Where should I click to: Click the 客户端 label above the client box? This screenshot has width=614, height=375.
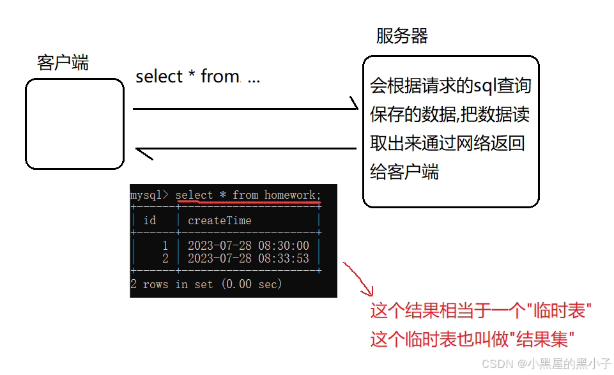[x=63, y=63]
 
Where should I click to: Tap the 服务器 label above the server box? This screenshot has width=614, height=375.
[x=401, y=36]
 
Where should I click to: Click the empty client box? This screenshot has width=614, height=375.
[x=74, y=124]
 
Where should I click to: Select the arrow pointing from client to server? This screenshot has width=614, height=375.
[x=245, y=109]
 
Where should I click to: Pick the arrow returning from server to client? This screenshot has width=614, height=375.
[x=245, y=149]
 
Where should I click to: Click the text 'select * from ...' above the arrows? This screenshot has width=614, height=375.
[x=197, y=77]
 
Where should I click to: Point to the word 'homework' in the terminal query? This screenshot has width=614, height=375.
[x=290, y=194]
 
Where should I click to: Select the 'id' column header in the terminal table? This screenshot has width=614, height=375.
[x=150, y=220]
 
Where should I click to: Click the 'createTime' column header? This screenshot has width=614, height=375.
[x=219, y=220]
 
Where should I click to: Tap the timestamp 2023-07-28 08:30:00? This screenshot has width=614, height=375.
[x=248, y=246]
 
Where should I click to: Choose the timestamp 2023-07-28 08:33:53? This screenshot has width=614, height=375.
[x=248, y=258]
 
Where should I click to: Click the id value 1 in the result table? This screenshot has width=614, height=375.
[x=165, y=246]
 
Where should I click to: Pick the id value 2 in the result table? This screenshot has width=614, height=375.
[x=165, y=258]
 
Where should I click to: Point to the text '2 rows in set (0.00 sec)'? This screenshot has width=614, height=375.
[x=206, y=284]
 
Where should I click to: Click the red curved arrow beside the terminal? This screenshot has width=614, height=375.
[x=358, y=279]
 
